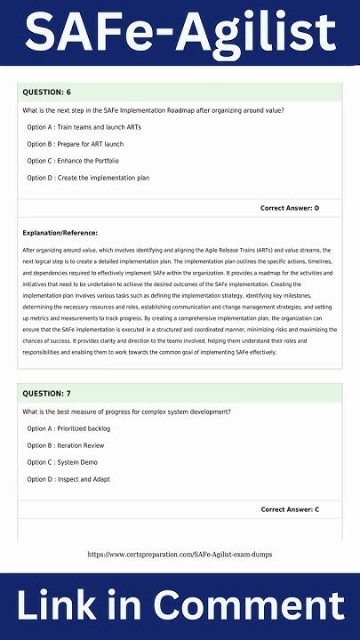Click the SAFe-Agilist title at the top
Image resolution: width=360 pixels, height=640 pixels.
coord(180,33)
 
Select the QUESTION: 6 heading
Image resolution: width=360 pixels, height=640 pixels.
coord(46,92)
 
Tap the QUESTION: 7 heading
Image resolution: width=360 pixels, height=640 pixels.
coord(46,393)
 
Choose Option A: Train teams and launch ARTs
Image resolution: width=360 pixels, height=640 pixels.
coord(80,127)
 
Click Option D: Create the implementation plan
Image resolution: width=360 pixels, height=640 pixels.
coord(88,178)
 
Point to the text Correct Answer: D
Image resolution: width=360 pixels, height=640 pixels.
coord(289,208)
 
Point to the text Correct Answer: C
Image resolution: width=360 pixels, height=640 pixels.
coord(289,509)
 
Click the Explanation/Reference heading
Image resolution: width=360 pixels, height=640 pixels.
coord(60,233)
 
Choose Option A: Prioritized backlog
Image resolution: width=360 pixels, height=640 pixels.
coord(70,428)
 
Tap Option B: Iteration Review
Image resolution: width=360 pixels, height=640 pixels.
coord(66,445)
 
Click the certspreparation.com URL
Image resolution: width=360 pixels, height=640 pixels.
coord(180,555)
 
